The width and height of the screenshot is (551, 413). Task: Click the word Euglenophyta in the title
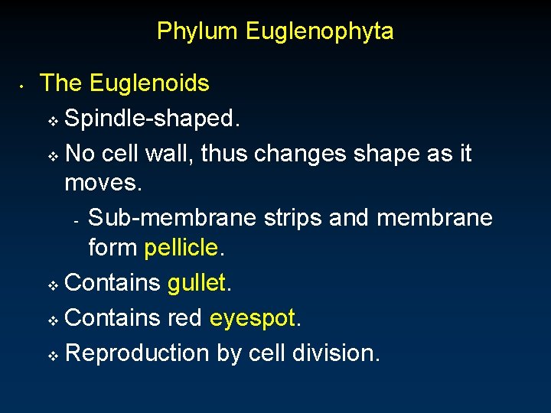coord(320,31)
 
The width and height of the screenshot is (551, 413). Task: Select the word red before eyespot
coord(185,318)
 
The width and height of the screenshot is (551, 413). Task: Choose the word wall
coord(171,154)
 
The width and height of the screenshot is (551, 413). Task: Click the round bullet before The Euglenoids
coord(24,86)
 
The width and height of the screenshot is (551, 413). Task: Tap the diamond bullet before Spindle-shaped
coord(53,121)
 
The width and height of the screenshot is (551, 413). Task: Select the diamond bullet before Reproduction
coord(53,355)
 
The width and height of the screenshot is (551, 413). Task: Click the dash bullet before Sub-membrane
coord(77,222)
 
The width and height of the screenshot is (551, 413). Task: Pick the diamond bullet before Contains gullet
coord(53,285)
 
